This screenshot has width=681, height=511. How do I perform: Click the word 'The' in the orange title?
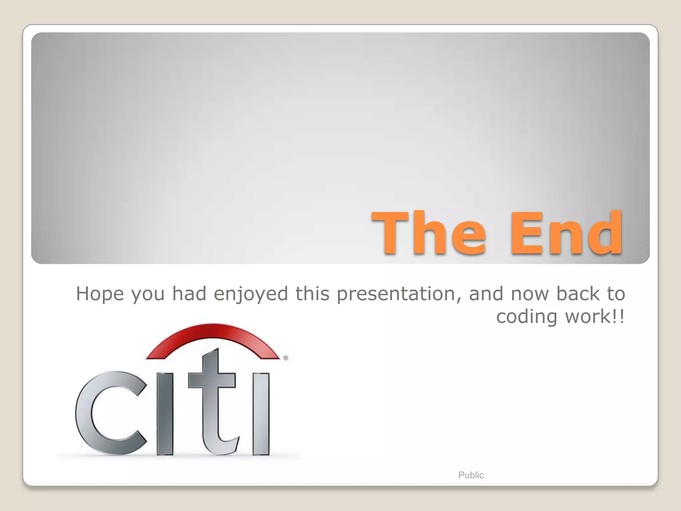[429, 233]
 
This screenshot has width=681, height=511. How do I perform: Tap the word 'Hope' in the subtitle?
[100, 294]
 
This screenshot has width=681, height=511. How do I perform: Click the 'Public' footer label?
[471, 475]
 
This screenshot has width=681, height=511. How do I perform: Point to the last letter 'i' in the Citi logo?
[261, 414]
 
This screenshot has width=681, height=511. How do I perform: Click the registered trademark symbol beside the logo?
[286, 358]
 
